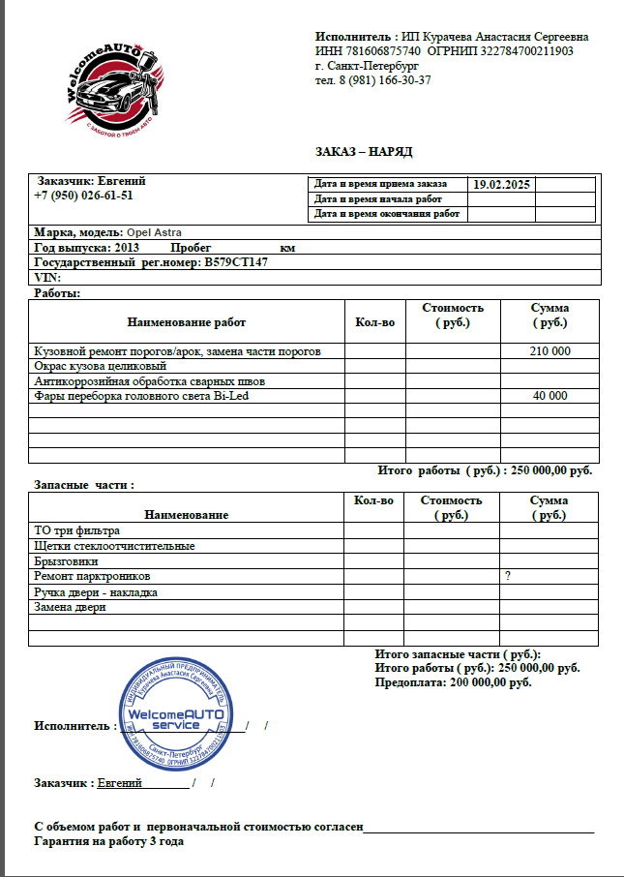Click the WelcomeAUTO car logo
tap(107, 87)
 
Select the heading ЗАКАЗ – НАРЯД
tap(364, 152)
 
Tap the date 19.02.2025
tap(501, 184)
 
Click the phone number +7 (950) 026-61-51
tap(83, 195)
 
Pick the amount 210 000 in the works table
tap(550, 351)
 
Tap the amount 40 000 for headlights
tap(550, 396)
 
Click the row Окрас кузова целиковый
tap(101, 367)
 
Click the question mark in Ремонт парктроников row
tap(507, 576)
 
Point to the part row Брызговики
tap(67, 561)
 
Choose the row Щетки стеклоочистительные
tap(114, 546)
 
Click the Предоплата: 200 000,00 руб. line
tap(453, 682)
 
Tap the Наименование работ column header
tap(186, 322)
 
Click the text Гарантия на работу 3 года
tap(109, 841)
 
